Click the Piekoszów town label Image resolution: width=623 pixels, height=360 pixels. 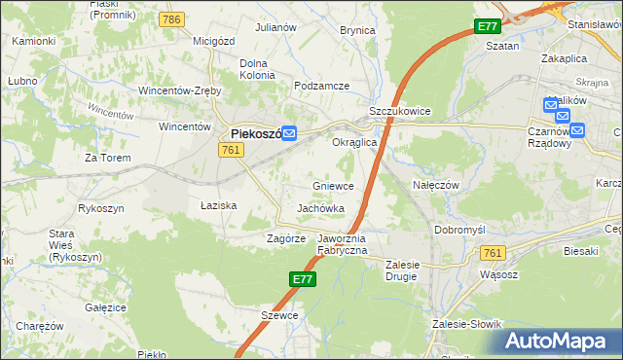tap(256, 134)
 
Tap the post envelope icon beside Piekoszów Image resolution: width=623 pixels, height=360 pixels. tap(290, 135)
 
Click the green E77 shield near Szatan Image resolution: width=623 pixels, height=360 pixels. tap(487, 27)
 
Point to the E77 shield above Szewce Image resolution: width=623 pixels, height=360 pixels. tap(303, 279)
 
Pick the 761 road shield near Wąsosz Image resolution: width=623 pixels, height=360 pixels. tap(493, 253)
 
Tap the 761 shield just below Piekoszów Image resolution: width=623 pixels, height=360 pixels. tap(231, 149)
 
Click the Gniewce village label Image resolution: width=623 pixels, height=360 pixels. tap(333, 185)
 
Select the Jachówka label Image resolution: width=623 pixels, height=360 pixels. tap(321, 208)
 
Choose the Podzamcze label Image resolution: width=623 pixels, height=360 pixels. tap(321, 86)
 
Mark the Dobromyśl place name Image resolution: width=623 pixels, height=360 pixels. tap(460, 230)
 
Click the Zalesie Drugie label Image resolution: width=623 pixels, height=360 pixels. tap(415, 270)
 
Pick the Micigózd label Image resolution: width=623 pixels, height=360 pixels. tap(216, 41)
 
